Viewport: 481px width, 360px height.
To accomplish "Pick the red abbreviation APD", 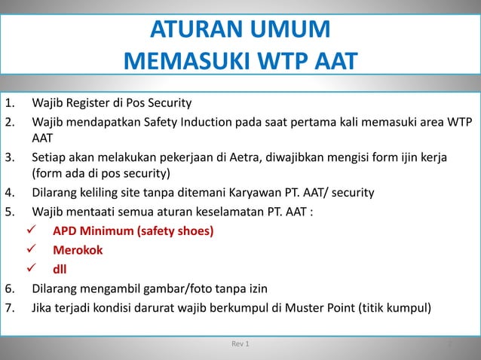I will (65, 230).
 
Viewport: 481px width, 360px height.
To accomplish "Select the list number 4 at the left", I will (9, 194).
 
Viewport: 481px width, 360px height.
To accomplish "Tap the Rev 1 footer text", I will (240, 345).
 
